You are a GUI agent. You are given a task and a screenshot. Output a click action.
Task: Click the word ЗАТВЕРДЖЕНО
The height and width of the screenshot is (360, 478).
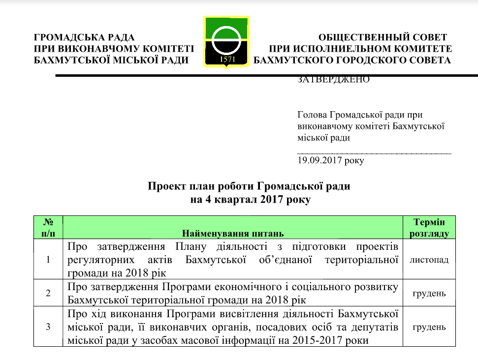(333, 80)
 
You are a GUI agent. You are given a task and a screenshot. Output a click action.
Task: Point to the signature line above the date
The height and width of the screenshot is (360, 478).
(374, 153)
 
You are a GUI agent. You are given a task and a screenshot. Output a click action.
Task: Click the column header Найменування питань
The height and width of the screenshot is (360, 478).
(233, 233)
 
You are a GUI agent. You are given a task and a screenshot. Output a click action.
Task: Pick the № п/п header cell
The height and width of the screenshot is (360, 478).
(49, 227)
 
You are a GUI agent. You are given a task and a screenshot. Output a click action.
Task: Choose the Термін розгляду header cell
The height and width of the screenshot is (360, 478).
(429, 227)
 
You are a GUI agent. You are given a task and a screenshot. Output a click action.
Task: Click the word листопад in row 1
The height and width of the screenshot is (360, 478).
(429, 259)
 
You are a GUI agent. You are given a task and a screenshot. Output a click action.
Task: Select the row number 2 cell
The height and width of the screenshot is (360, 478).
(49, 293)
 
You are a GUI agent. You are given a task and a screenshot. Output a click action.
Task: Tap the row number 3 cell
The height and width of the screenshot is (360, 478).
(49, 327)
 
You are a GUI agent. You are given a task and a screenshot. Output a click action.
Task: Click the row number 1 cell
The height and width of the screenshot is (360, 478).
(49, 259)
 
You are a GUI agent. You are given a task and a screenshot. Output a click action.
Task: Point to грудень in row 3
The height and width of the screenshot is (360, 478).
(429, 327)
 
